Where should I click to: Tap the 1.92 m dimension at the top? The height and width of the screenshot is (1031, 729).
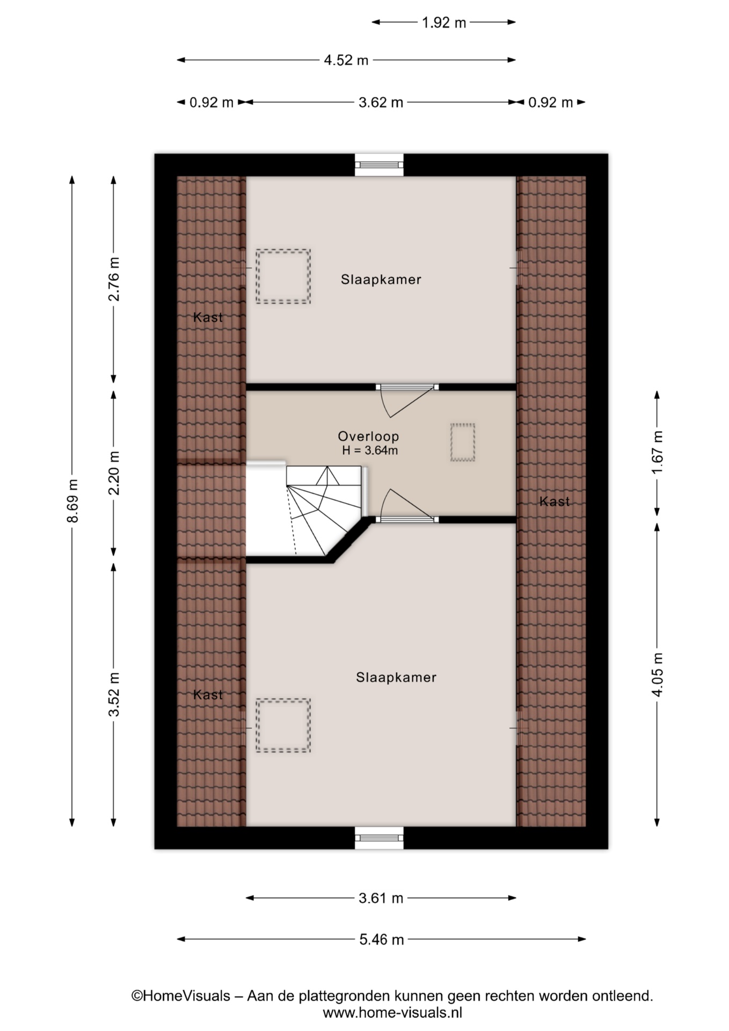tap(443, 23)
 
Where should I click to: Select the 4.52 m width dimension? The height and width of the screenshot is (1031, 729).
tap(346, 60)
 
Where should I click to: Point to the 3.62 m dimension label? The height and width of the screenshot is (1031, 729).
tap(381, 102)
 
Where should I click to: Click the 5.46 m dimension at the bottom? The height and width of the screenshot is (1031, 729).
tap(381, 940)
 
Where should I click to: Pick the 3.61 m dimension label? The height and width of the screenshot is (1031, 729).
tap(381, 898)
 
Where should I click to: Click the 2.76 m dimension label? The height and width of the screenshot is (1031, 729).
tap(114, 279)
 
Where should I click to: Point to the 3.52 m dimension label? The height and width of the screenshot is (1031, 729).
tap(114, 694)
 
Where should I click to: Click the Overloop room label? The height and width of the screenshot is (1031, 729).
tap(368, 437)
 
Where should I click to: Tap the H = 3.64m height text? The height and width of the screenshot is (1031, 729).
tap(370, 451)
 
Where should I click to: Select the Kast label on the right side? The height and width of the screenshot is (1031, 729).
tap(555, 502)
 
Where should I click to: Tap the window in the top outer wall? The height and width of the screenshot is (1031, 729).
tap(379, 165)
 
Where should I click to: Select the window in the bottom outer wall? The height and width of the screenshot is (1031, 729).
tap(379, 838)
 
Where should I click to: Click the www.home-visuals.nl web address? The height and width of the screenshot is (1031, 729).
tap(392, 1013)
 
